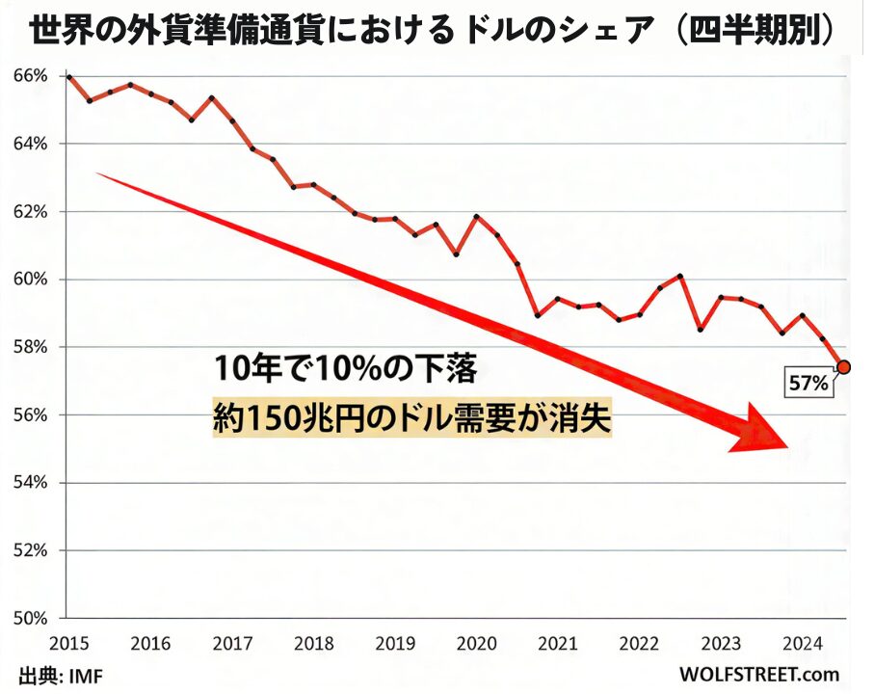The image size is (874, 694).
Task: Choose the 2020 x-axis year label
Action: click(476, 642)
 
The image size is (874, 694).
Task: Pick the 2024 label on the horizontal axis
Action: click(804, 642)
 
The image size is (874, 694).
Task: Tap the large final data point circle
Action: click(843, 366)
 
